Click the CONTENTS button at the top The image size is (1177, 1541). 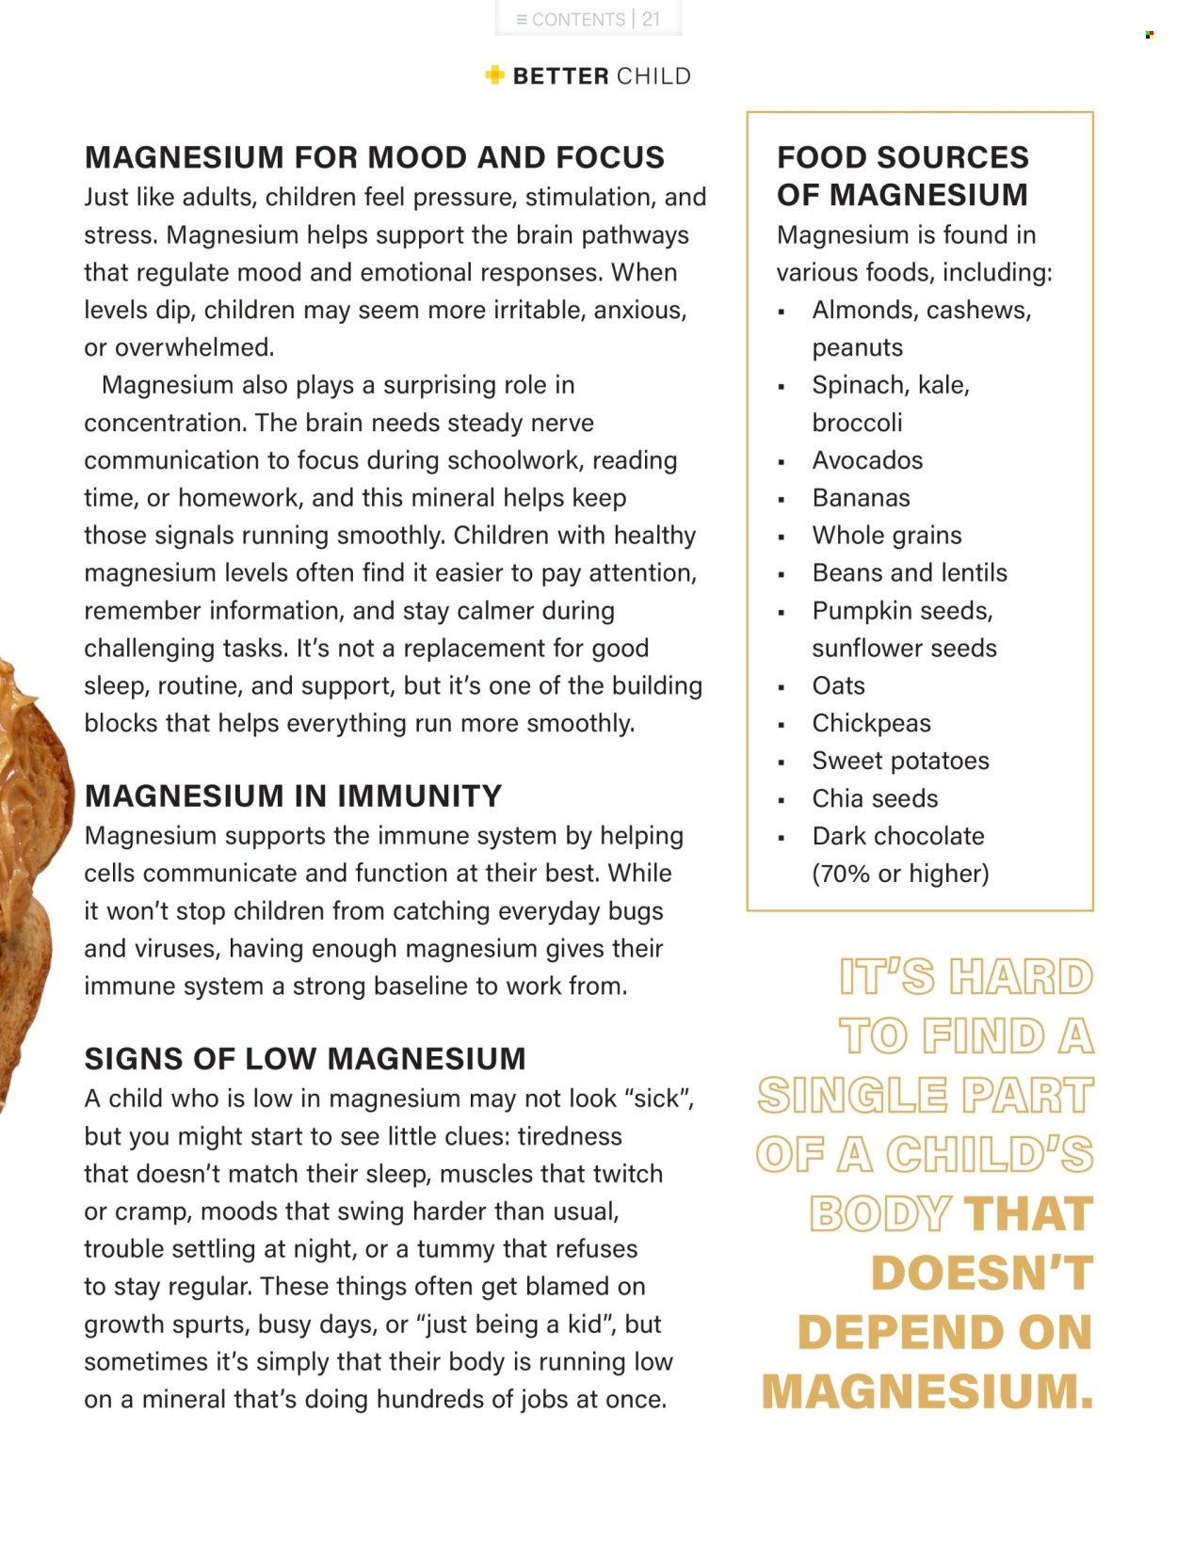571,20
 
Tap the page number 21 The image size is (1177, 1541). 652,20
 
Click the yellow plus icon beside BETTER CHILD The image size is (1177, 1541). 494,75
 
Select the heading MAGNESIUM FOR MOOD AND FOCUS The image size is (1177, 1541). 374,157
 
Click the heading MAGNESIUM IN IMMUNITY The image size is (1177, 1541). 293,796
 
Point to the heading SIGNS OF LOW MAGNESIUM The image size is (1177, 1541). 305,1059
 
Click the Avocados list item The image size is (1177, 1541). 867,460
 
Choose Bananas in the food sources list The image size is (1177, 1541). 861,498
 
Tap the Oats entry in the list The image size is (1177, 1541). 838,686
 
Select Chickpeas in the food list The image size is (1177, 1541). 871,724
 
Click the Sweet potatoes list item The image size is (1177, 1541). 900,762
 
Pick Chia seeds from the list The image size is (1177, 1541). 875,799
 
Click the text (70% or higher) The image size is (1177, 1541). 900,875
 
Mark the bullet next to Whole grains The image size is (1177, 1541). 782,538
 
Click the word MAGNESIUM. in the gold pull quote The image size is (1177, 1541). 927,1391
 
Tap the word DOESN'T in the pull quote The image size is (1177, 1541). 982,1274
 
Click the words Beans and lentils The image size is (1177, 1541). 910,573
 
